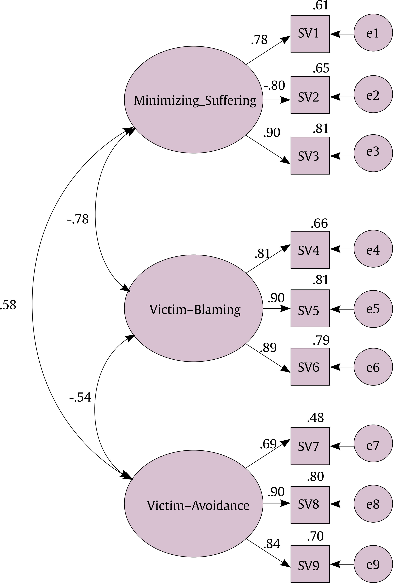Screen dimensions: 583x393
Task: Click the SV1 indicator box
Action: click(310, 34)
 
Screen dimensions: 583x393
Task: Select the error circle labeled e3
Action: click(373, 153)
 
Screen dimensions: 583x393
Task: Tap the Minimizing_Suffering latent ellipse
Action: click(193, 100)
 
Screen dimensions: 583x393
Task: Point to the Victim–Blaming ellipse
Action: click(193, 308)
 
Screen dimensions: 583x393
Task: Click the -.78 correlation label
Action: click(78, 219)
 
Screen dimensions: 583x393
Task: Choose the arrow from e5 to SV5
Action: click(342, 309)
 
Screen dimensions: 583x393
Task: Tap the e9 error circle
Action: click(373, 564)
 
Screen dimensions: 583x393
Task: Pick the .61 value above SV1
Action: click(320, 6)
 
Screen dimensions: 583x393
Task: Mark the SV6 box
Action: click(310, 367)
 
